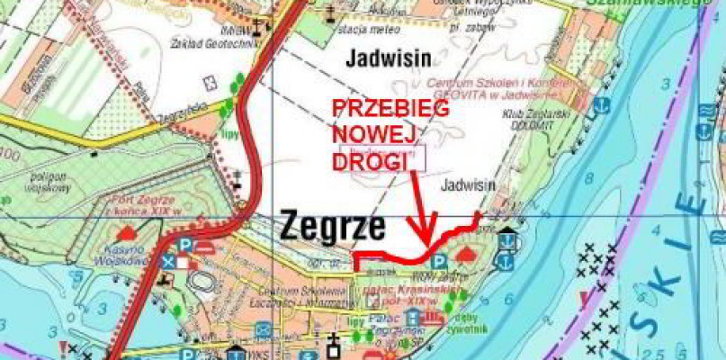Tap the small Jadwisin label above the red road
(470, 184)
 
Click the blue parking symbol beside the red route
(440, 261)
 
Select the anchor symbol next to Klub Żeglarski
(507, 240)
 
